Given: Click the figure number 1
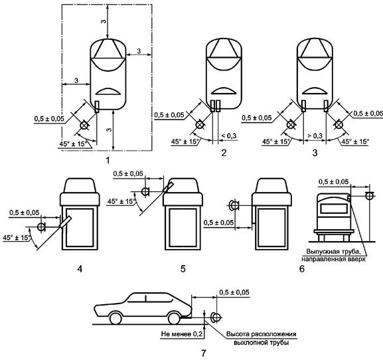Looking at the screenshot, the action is (107, 161).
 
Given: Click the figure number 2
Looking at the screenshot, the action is (224, 153).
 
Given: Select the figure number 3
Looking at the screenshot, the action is (315, 153).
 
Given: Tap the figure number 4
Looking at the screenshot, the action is (80, 269).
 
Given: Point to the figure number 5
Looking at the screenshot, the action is (183, 269).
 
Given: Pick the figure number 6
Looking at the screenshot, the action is (302, 269).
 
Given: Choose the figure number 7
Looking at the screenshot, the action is (204, 353).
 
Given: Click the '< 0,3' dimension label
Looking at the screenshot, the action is (229, 135).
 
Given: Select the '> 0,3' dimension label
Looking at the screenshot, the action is (315, 135).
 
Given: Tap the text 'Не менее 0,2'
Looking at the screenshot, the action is (182, 334).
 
